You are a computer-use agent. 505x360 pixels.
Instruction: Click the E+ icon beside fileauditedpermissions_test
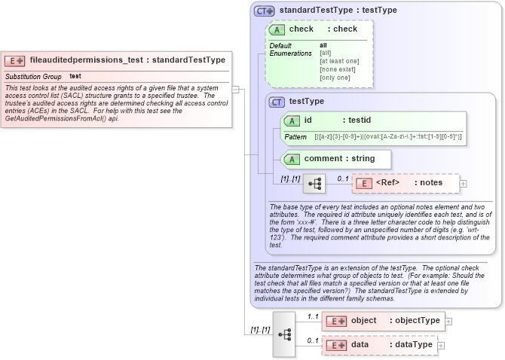tap(15, 60)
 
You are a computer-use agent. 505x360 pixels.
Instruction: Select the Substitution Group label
tap(33, 77)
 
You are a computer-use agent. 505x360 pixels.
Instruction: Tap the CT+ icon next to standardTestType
tap(264, 11)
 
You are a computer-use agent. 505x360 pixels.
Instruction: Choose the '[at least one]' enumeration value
tap(339, 61)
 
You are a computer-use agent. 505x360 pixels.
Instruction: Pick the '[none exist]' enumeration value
tap(336, 69)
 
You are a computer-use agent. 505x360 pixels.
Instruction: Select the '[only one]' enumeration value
tap(335, 78)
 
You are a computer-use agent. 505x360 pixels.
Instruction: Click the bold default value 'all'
tap(323, 45)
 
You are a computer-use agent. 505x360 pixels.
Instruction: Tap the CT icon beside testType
tap(277, 102)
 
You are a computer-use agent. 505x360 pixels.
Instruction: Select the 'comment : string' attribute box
tap(336, 159)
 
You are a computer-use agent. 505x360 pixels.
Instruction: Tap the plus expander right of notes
tap(464, 183)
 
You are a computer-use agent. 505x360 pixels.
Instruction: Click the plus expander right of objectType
tap(449, 321)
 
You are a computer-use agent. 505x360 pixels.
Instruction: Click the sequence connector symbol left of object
tap(284, 333)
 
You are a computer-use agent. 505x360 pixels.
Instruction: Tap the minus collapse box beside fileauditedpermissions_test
tap(236, 88)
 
